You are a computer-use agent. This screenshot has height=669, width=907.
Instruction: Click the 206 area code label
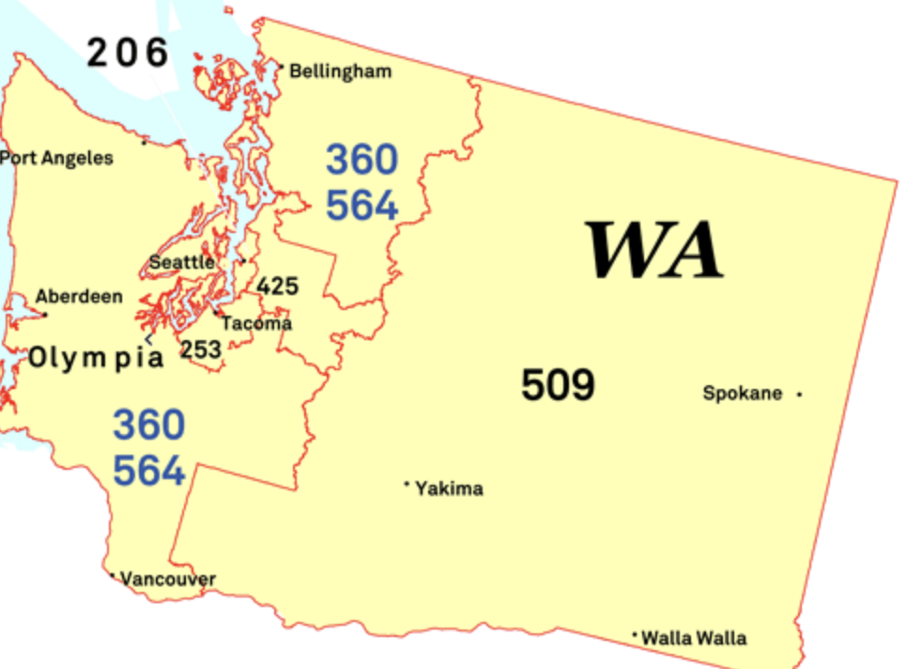pos(128,53)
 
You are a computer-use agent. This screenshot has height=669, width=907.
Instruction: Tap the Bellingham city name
pos(340,71)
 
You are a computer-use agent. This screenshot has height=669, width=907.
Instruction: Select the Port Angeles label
pos(56,158)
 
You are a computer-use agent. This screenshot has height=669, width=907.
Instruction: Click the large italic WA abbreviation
pos(654,251)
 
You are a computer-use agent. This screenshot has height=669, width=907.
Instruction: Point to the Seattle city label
pos(182,262)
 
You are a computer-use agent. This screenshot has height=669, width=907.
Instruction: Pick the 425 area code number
pos(277,286)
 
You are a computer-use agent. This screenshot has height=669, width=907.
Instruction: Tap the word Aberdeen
pos(79,297)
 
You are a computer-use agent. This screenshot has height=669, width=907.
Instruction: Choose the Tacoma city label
pos(256,323)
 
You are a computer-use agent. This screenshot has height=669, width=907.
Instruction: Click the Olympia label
pos(96,358)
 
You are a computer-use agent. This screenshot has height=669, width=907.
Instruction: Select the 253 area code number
pos(201,350)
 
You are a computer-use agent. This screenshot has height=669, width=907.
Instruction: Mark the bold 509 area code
pos(558,385)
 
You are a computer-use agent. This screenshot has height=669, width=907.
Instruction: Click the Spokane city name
pos(743,394)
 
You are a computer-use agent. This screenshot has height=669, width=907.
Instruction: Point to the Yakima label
pos(449,489)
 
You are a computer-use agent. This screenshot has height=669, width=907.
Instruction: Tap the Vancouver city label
pos(168,579)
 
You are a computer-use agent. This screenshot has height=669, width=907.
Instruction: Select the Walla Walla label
pos(694,639)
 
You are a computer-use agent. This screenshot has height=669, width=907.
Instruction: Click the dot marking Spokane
pos(800,394)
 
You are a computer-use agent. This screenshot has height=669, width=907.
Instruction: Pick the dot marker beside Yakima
pos(407,485)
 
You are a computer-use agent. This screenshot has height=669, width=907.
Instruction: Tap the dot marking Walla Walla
pos(635,635)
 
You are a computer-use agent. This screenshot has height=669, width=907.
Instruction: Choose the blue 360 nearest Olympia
pos(149,426)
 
